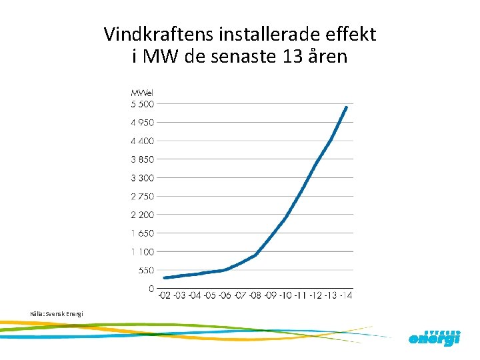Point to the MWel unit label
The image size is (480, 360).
pyautogui.click(x=141, y=92)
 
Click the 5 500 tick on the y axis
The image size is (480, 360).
pyautogui.click(x=142, y=104)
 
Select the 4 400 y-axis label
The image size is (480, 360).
pyautogui.click(x=142, y=141)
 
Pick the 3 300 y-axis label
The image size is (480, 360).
pyautogui.click(x=142, y=178)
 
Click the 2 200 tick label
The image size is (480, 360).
pyautogui.click(x=142, y=215)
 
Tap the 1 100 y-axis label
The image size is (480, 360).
pyautogui.click(x=143, y=251)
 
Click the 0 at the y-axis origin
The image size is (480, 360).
pyautogui.click(x=151, y=289)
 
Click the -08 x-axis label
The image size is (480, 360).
pyautogui.click(x=256, y=295)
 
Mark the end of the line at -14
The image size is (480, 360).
pyautogui.click(x=346, y=107)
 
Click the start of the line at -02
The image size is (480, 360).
pyautogui.click(x=165, y=277)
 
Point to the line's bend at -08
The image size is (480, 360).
pyautogui.click(x=256, y=255)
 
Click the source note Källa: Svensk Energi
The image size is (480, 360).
pyautogui.click(x=57, y=313)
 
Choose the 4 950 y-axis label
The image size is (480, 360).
pyautogui.click(x=142, y=123)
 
